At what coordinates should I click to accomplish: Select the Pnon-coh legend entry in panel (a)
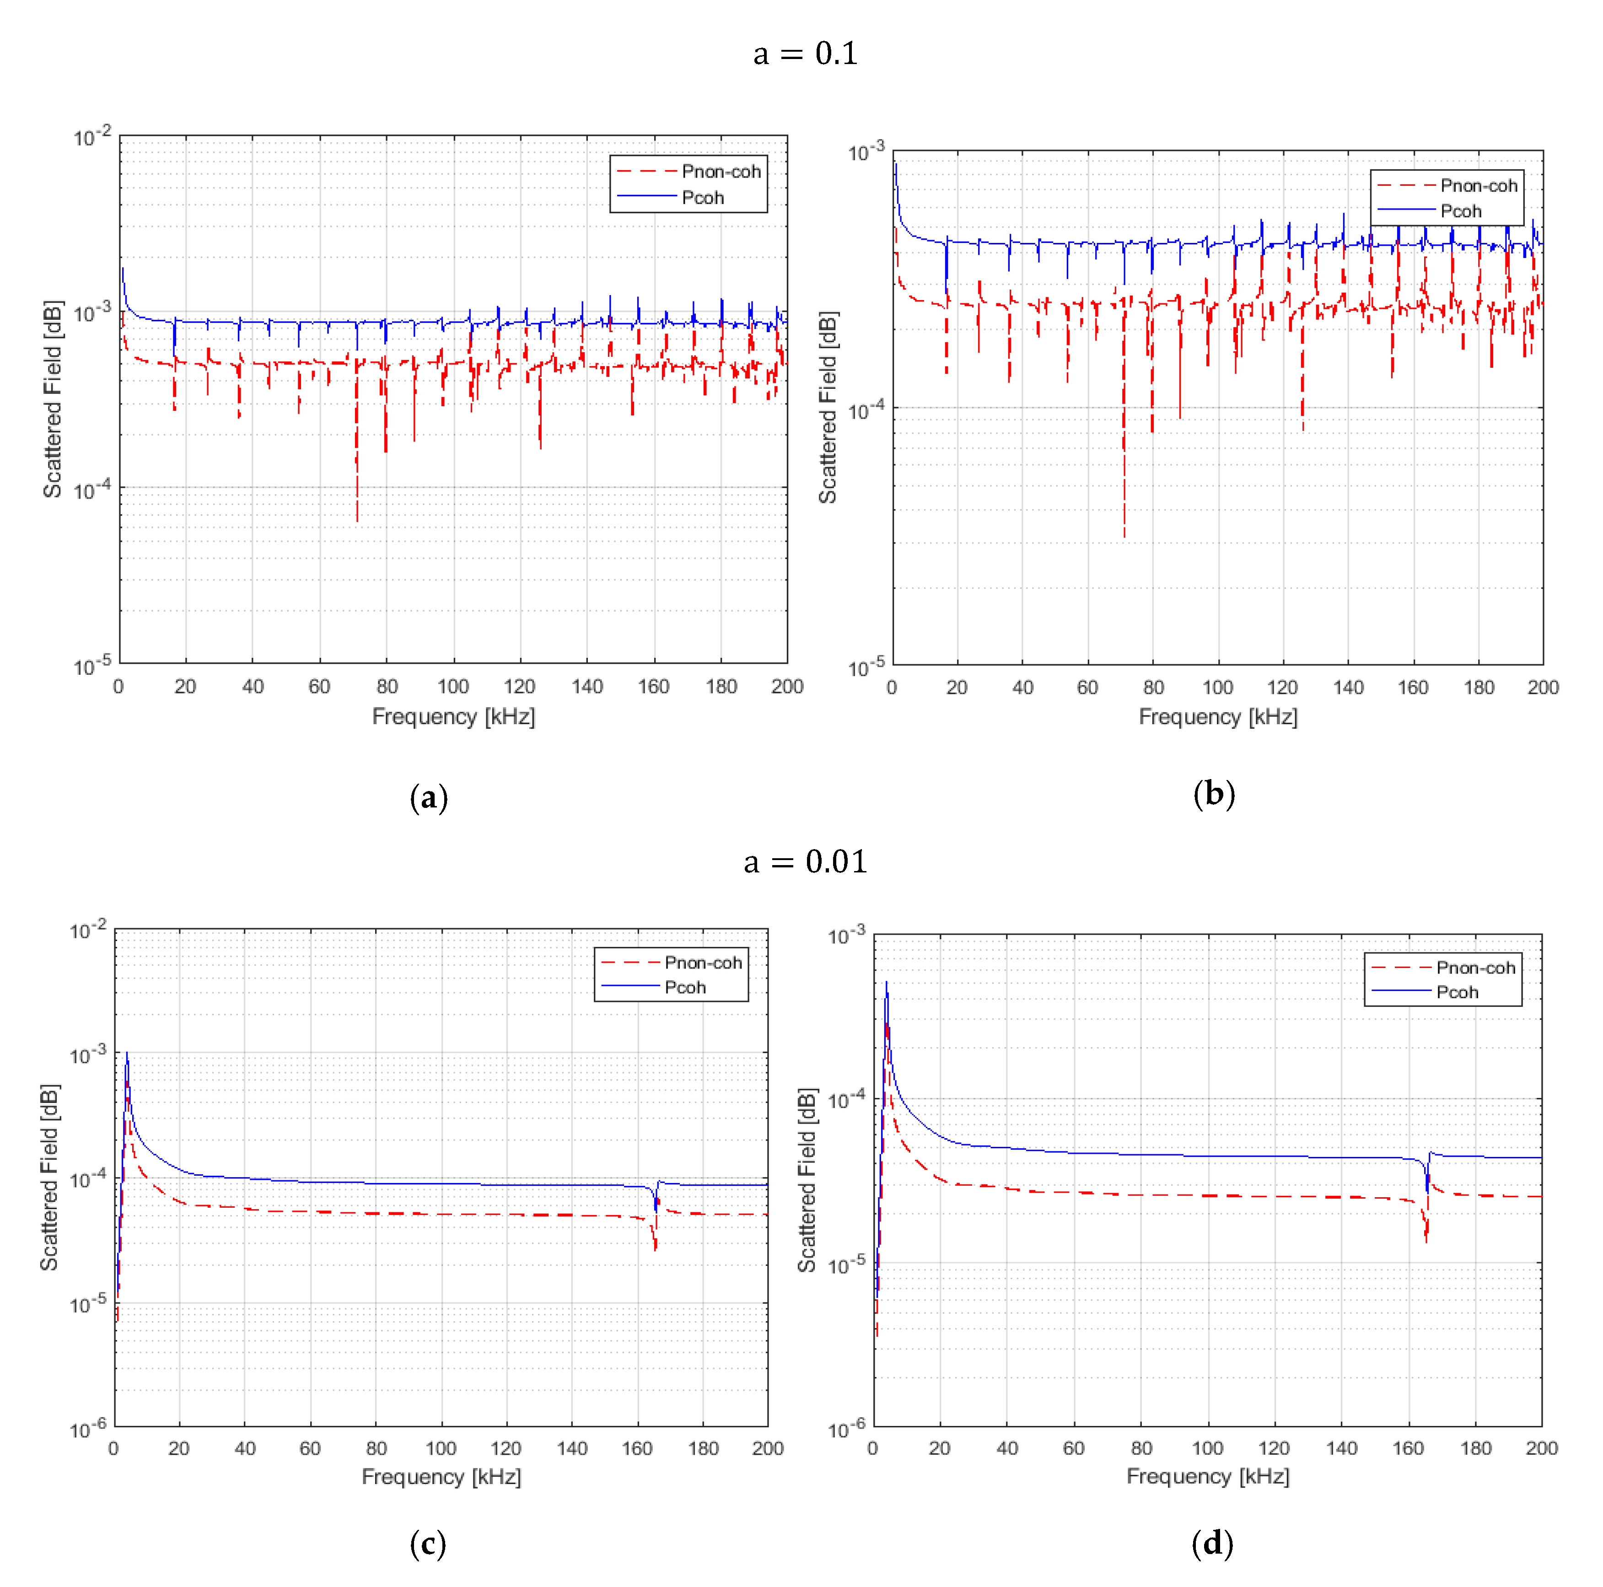click(720, 172)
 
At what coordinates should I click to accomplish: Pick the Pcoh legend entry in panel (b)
click(1460, 211)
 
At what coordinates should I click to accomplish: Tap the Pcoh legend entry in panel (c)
click(684, 987)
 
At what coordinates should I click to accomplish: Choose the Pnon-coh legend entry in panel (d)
click(1475, 967)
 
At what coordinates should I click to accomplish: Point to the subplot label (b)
click(1213, 794)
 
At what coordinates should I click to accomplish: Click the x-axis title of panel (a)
click(453, 717)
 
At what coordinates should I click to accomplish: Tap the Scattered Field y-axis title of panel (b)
click(827, 407)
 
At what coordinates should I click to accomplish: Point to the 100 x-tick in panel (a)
click(453, 687)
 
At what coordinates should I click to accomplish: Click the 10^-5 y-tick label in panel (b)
click(866, 666)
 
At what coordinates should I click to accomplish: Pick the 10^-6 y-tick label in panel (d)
click(846, 1429)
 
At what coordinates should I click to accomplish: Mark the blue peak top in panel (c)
click(127, 1054)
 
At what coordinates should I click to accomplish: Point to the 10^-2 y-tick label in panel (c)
click(88, 931)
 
